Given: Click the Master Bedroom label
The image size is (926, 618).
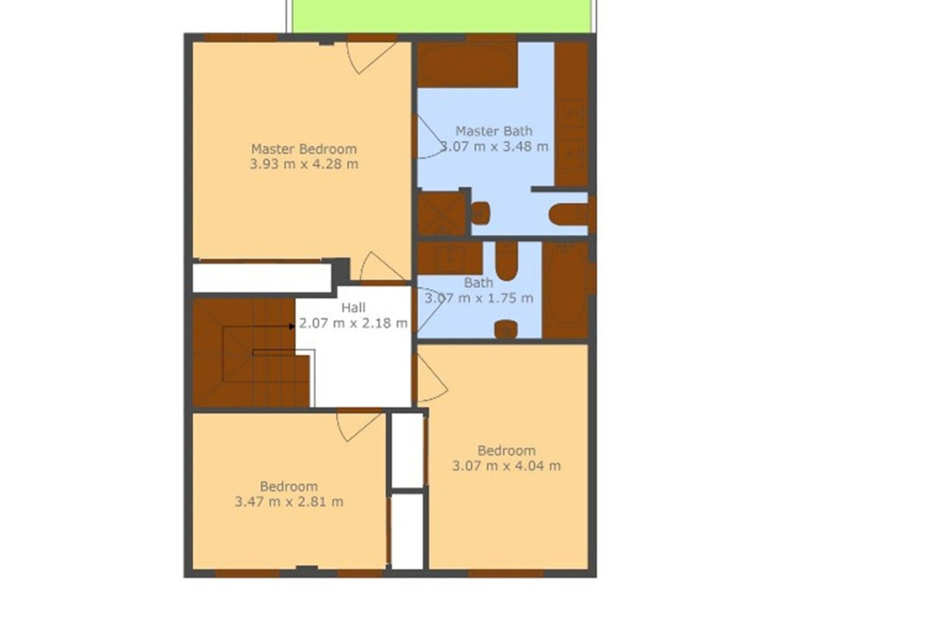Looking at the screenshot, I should pos(304,149).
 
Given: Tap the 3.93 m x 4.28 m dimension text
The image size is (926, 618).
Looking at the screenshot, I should pos(304,164).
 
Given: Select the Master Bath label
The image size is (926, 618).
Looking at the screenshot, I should pos(494,131).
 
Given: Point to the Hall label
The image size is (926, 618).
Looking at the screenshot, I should pos(353,308).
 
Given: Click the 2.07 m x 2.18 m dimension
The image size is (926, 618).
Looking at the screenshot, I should pos(353,323).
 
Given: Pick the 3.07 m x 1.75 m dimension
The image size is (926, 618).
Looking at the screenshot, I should pos(478,298).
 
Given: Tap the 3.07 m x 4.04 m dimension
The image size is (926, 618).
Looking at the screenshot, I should pos(506,466).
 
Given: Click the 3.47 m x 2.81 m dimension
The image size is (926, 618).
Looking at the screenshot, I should pos(289,502).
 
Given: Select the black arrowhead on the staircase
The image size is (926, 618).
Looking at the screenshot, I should pos(292,327).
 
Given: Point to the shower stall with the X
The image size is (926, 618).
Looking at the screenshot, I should pos(441,213).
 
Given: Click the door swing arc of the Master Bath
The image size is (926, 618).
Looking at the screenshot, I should pos(429,138).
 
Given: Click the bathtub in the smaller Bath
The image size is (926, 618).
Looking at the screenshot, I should pos(565,290).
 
